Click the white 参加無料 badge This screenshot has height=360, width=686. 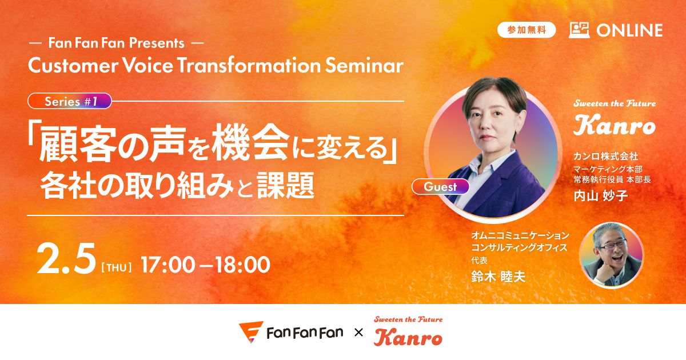[x=527, y=30]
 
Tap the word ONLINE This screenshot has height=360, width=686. [x=629, y=30]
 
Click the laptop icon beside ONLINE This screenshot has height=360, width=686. [x=579, y=30]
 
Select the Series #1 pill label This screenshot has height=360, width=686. [x=70, y=101]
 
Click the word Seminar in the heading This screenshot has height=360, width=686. [x=364, y=65]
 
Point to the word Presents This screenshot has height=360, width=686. [x=157, y=43]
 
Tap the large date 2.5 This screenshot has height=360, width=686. [x=66, y=259]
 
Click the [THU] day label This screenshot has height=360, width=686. [x=117, y=267]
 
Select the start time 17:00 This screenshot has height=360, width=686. [x=168, y=265]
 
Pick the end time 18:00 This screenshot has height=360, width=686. [x=242, y=265]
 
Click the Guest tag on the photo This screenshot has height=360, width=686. [x=440, y=187]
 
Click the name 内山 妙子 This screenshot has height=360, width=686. [x=601, y=195]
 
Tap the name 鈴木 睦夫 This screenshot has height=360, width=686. [x=498, y=277]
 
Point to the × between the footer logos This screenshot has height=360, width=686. [x=358, y=333]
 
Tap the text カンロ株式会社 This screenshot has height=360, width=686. [x=605, y=157]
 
